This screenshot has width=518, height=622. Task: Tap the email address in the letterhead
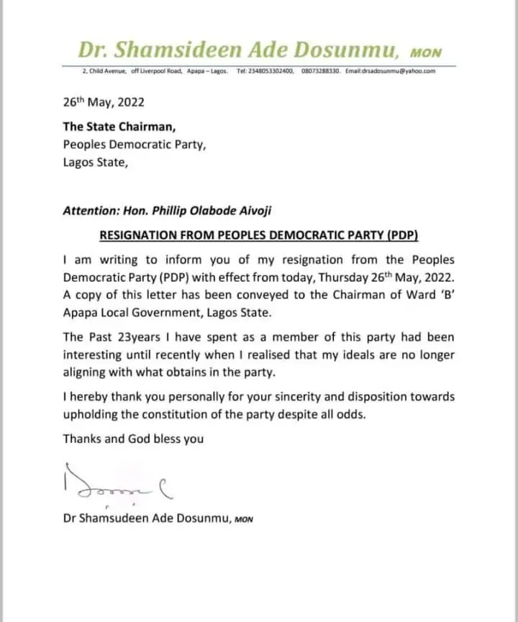pos(391,70)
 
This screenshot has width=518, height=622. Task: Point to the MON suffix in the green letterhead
pos(425,53)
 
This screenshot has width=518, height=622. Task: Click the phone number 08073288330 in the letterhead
pos(319,70)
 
